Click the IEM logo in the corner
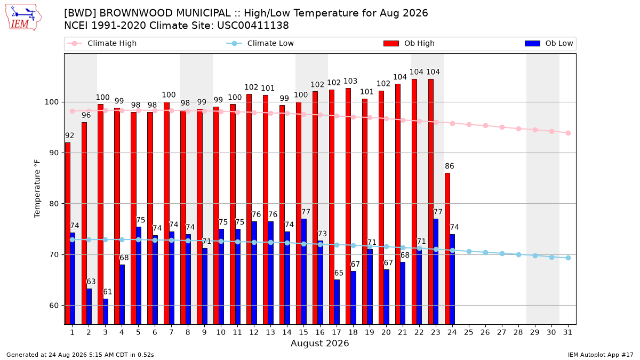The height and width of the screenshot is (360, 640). tap(23, 17)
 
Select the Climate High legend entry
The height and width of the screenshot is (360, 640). tap(101, 43)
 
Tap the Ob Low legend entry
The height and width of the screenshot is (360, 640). tap(549, 43)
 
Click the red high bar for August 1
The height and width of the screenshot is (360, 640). tap(68, 234)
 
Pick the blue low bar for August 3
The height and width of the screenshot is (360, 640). tap(106, 311)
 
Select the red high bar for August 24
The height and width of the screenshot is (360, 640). tap(447, 249)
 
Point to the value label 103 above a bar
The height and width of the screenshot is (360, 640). tap(350, 82)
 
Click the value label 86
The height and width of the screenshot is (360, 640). tap(450, 166)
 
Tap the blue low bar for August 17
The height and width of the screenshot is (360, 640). tap(337, 302)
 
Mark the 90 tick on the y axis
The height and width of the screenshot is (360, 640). tap(53, 153)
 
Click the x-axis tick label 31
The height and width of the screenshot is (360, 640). tap(567, 332)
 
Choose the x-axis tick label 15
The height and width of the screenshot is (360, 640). tap(303, 332)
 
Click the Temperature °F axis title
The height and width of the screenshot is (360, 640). tap(37, 189)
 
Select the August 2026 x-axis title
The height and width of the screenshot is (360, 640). tap(319, 343)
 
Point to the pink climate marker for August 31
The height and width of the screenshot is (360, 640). tap(569, 133)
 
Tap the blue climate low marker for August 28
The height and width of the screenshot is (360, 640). tap(518, 254)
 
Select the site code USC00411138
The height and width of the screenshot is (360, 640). tap(253, 26)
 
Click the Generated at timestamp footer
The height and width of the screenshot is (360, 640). tap(80, 355)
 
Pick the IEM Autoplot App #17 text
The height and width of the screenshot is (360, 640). tap(601, 355)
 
